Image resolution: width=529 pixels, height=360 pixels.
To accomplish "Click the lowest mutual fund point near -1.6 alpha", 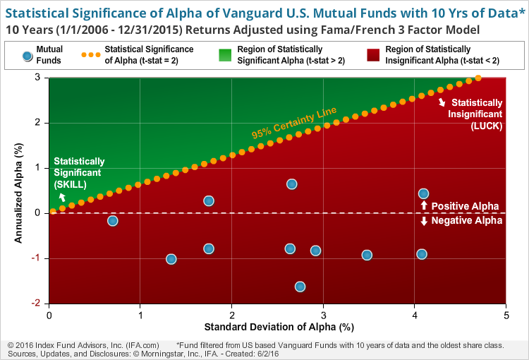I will pyautogui.click(x=300, y=287).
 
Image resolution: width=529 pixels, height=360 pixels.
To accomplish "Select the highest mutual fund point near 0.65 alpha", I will pyautogui.click(x=291, y=184).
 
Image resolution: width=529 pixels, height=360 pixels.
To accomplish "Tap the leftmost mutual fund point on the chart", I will pyautogui.click(x=112, y=221).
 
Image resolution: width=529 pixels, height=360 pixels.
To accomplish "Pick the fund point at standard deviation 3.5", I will pyautogui.click(x=367, y=255).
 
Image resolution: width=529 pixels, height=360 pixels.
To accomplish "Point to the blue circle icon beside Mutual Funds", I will pyautogui.click(x=26, y=55).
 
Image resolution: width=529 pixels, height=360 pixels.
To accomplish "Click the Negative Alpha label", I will pyautogui.click(x=466, y=221).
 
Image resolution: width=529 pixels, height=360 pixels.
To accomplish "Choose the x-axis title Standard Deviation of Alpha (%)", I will pyautogui.click(x=278, y=328).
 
